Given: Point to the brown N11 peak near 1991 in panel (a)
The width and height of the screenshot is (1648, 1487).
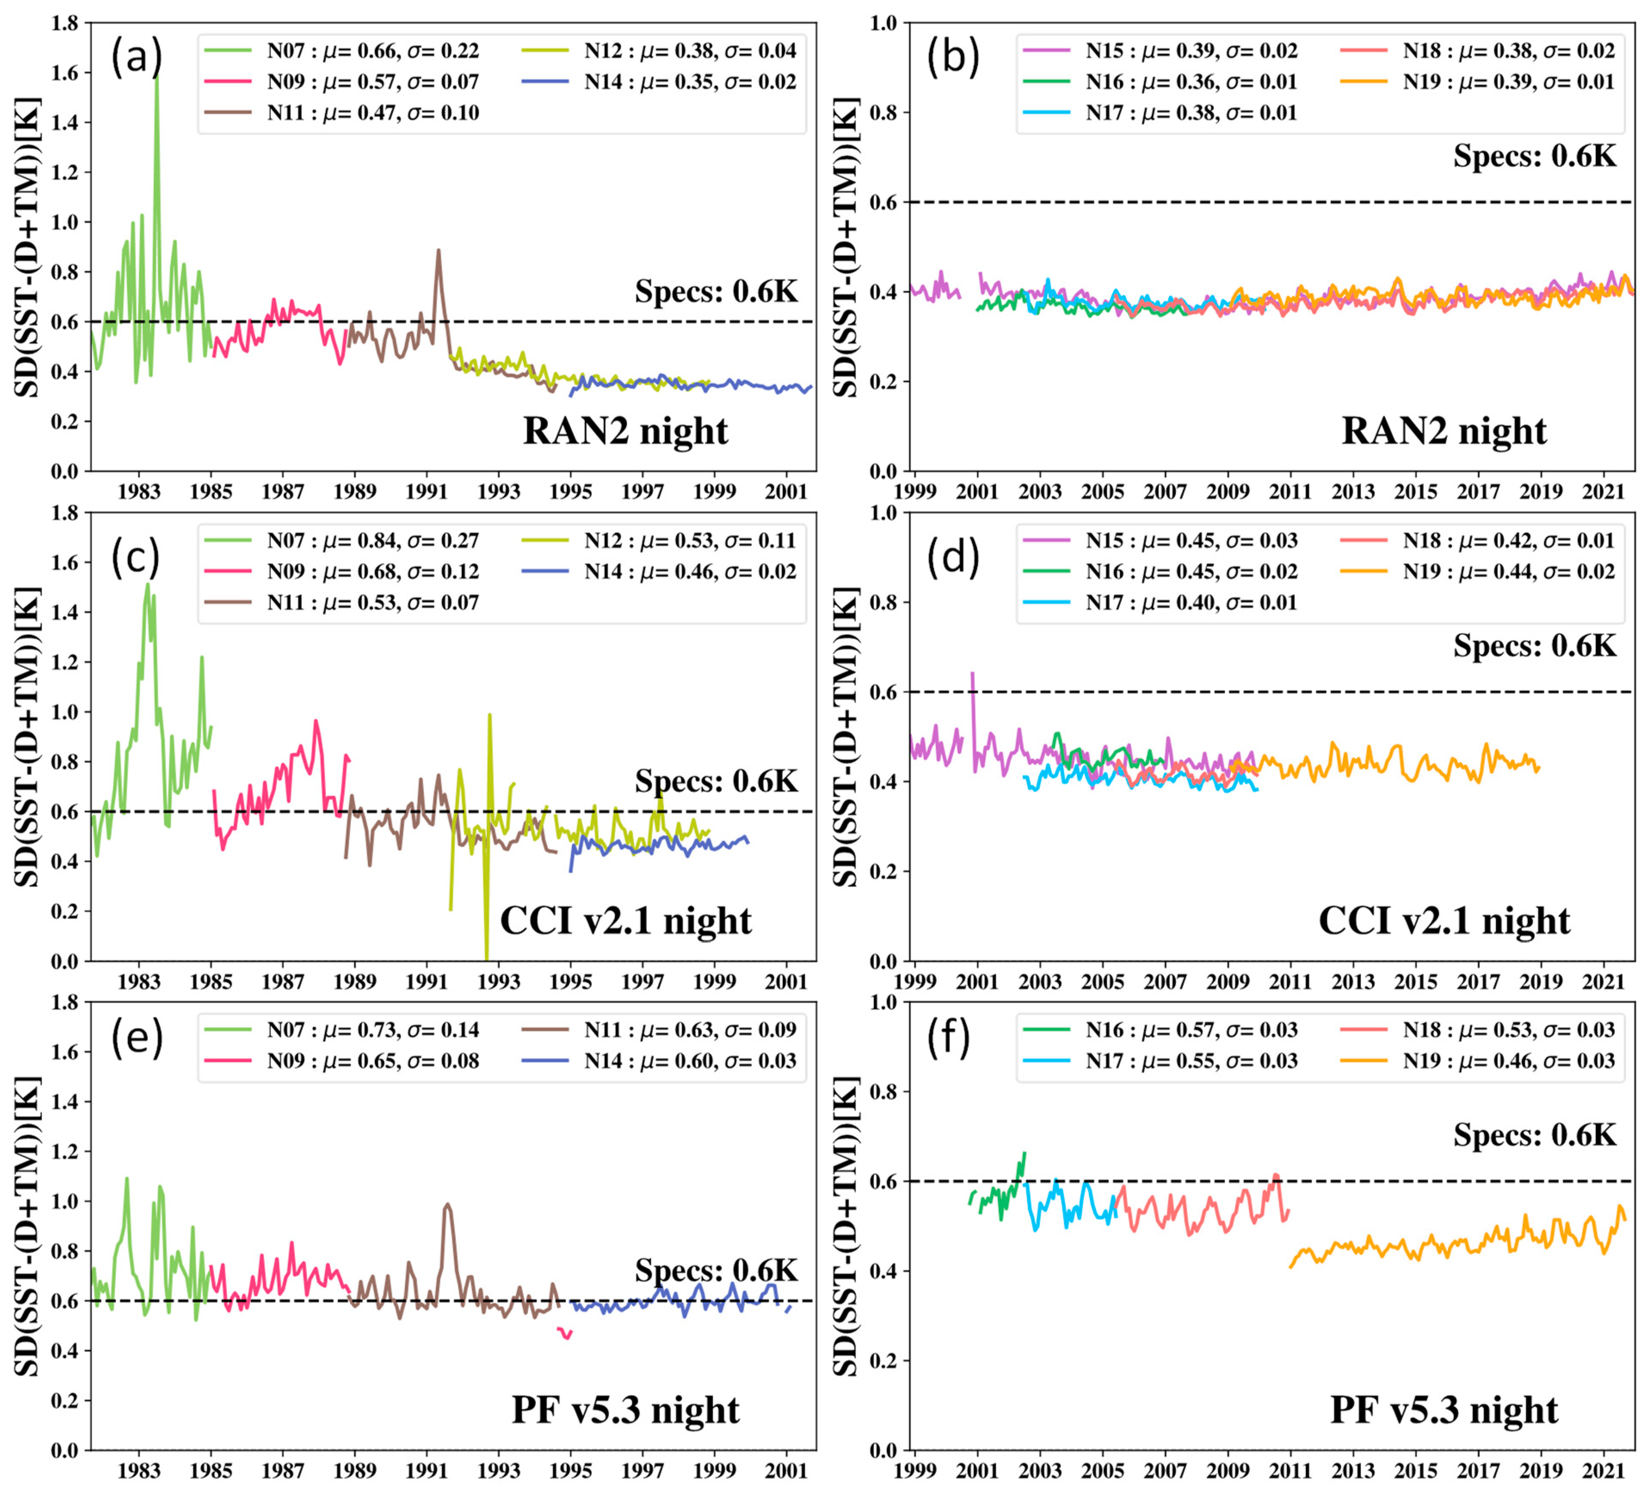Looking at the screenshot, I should click(x=439, y=252).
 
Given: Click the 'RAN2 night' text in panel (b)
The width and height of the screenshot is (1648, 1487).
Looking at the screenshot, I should click(x=1444, y=431).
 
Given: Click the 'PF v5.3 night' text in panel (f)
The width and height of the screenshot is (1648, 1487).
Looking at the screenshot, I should click(x=1444, y=1410).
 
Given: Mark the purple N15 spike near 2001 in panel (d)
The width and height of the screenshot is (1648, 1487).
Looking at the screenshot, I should click(x=972, y=674).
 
